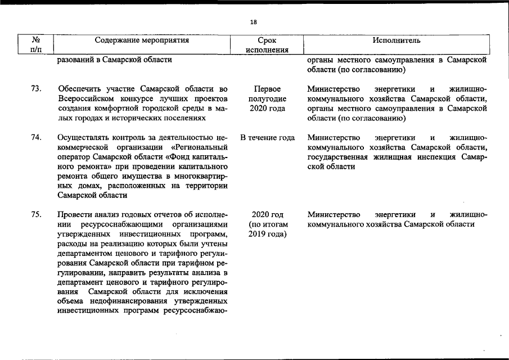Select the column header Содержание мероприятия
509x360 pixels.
[142, 40]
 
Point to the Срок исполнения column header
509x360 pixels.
[267, 45]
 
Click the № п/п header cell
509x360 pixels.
[36, 45]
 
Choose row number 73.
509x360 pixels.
[36, 89]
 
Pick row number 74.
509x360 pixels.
[36, 138]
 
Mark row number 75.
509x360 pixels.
[36, 214]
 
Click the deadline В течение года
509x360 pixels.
[267, 138]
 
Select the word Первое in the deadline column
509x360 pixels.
[267, 89]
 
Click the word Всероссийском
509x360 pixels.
[85, 99]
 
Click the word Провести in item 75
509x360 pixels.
[74, 214]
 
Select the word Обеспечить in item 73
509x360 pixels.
[79, 89]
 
